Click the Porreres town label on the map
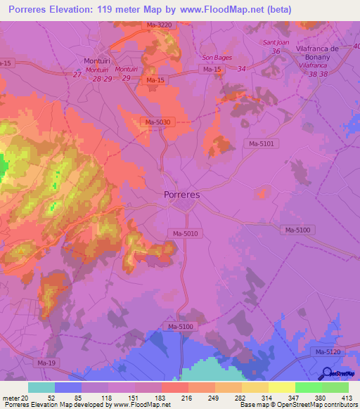click(x=181, y=194)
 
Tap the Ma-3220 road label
click(x=160, y=25)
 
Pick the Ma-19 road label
click(x=46, y=363)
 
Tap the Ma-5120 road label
click(x=328, y=351)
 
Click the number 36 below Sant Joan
click(x=276, y=51)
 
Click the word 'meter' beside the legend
click(x=11, y=398)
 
